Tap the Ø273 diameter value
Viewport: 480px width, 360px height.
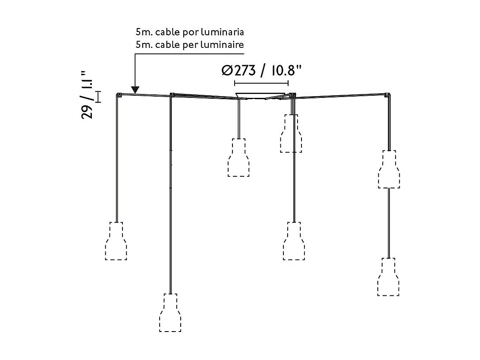238,71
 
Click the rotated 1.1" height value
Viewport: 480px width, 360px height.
88,81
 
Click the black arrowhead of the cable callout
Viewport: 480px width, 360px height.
135,90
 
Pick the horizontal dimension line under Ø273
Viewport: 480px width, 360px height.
261,83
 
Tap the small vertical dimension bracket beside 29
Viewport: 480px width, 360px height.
98,97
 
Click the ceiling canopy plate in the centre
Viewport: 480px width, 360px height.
260,96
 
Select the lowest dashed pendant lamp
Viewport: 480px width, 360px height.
170,313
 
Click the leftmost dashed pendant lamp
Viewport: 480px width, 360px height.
116,241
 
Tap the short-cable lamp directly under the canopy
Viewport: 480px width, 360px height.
238,157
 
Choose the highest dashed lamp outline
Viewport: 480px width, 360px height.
291,134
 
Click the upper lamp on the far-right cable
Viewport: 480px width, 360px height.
389,169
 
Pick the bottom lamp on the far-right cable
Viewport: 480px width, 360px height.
388,277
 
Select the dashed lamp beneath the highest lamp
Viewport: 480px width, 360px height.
294,241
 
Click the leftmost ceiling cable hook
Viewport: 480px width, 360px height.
119,95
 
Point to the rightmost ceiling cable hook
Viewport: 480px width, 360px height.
388,94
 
